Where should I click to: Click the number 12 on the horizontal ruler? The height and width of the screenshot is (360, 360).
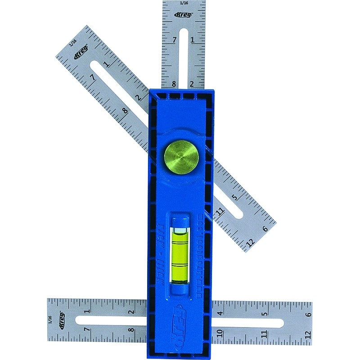coord(307,333)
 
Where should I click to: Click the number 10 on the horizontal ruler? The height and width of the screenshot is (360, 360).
coord(220,333)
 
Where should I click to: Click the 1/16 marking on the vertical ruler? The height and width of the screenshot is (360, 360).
coord(183,3)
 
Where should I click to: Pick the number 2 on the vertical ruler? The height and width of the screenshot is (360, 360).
coord(192,84)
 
